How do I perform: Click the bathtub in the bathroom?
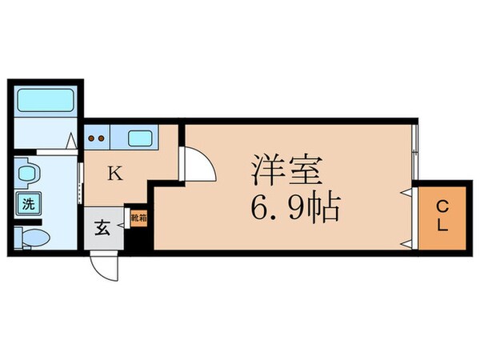45,102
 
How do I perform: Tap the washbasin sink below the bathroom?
27,174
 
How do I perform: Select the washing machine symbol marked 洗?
27,203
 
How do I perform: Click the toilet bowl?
33,237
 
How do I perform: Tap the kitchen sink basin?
141,138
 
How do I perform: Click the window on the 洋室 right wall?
415,152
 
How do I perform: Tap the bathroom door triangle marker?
72,142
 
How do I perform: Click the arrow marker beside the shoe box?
123,226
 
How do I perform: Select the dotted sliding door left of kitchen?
79,180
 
